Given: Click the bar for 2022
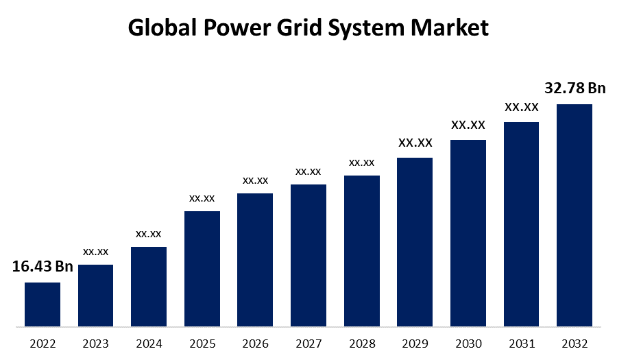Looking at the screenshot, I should pyautogui.click(x=43, y=304).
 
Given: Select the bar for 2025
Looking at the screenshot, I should pyautogui.click(x=202, y=268).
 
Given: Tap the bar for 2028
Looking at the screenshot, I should pyautogui.click(x=361, y=250).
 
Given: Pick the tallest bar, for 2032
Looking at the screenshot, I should pyautogui.click(x=574, y=215).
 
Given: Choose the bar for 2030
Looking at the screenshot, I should pyautogui.click(x=468, y=232).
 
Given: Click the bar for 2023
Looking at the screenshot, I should pyautogui.click(x=96, y=295).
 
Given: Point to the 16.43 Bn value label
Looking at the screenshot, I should pyautogui.click(x=43, y=267).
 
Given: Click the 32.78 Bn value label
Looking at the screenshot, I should pyautogui.click(x=574, y=88).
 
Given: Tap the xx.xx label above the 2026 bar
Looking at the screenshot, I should pyautogui.click(x=255, y=180).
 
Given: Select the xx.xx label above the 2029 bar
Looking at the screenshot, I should pyautogui.click(x=415, y=143).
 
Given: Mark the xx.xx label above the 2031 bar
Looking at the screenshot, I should pyautogui.click(x=521, y=107).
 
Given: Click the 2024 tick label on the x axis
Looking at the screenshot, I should pyautogui.click(x=149, y=343).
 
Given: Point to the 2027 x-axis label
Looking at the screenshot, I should pyautogui.click(x=308, y=343).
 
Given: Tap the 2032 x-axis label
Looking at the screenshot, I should pyautogui.click(x=574, y=343).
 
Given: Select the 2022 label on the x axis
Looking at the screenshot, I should pyautogui.click(x=43, y=343).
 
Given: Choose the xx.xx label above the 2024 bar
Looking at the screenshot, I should pyautogui.click(x=149, y=234).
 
